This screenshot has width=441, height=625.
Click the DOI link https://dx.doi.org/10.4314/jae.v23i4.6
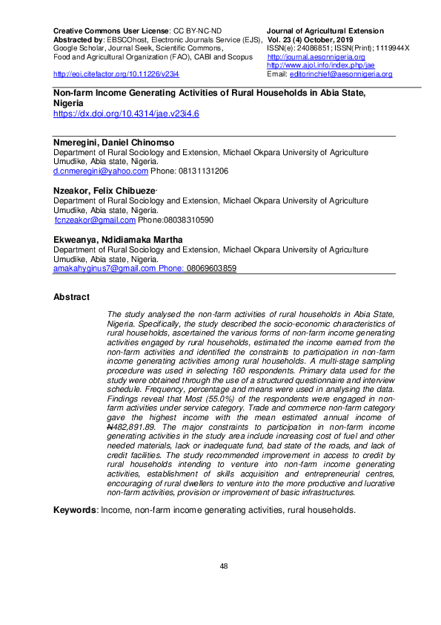(126, 114)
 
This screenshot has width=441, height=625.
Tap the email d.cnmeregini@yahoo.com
(100, 171)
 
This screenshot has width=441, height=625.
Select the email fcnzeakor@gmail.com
(96, 220)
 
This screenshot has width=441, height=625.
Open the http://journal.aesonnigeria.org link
(316, 57)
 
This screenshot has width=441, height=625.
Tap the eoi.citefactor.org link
(116, 74)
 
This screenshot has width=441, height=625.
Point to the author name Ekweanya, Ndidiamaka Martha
(118, 240)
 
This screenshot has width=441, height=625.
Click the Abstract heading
(71, 297)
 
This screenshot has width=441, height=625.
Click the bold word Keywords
(74, 510)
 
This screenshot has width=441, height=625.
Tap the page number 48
(224, 566)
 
